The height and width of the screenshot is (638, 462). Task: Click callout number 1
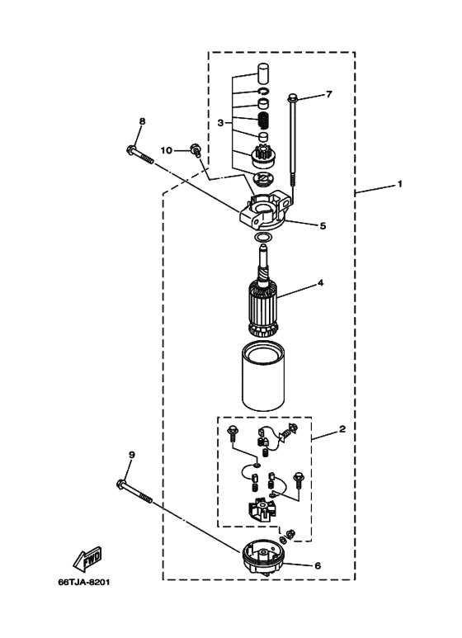[x=400, y=184]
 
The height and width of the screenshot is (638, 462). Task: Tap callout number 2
[x=342, y=429]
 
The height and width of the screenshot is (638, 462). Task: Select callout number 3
[x=220, y=122]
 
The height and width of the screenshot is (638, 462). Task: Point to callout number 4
[x=320, y=282]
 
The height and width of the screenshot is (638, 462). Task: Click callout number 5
[x=323, y=226]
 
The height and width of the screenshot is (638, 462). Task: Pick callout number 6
[x=318, y=565]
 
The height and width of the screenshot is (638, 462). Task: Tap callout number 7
[x=329, y=94]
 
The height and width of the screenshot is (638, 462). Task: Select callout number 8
[x=142, y=121]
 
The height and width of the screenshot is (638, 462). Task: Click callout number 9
[x=131, y=456]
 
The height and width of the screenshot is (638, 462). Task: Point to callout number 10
[x=167, y=150]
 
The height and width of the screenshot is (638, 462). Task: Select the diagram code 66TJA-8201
[x=84, y=582]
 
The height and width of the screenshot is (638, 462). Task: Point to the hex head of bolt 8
[x=130, y=150]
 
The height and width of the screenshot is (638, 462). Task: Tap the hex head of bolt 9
[x=120, y=484]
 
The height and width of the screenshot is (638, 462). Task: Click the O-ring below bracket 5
[x=263, y=237]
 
